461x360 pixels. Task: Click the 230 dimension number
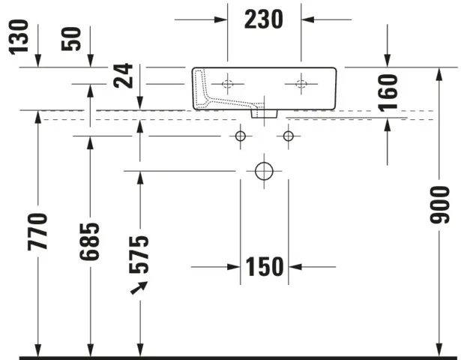(x=264, y=19)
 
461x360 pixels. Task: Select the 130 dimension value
(x=20, y=37)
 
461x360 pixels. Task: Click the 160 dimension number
(x=388, y=93)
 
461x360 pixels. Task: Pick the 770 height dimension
(x=39, y=231)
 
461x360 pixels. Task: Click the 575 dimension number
(x=139, y=253)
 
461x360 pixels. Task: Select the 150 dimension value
(x=265, y=266)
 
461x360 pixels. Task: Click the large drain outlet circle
(x=264, y=171)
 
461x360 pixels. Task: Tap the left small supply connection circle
(x=240, y=136)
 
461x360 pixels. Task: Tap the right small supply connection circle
(x=289, y=136)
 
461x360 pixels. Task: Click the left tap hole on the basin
(x=228, y=82)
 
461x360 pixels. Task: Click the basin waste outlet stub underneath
(x=264, y=113)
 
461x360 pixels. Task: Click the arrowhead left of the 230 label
(x=220, y=19)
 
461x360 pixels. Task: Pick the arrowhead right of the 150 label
(x=295, y=266)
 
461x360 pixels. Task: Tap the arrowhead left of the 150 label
(x=233, y=266)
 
